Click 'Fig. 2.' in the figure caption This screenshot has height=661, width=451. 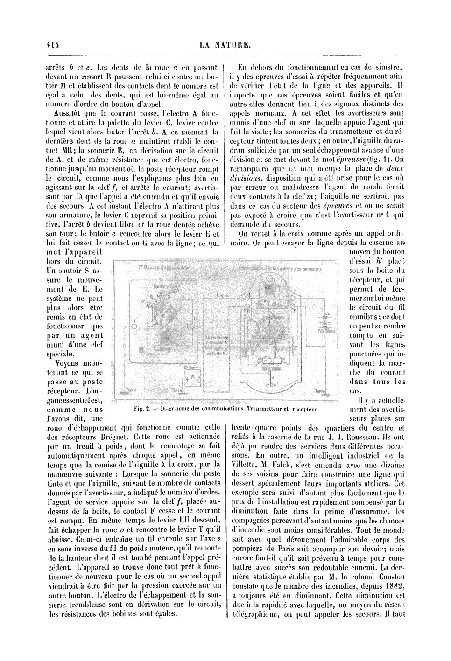[x=141, y=410]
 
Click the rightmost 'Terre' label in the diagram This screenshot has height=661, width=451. [x=320, y=391]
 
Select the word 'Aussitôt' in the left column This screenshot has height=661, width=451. [x=70, y=113]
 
